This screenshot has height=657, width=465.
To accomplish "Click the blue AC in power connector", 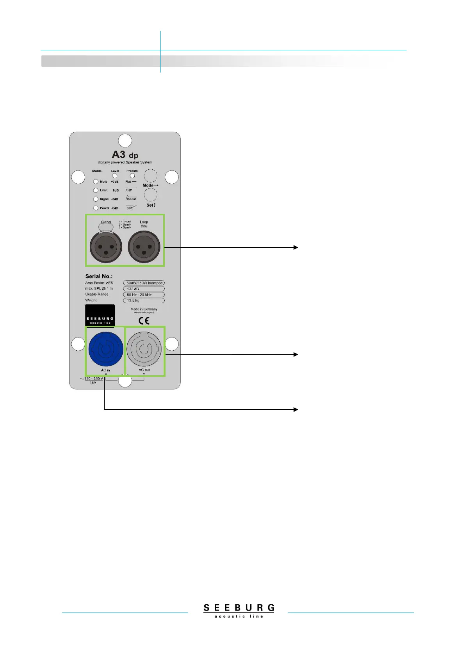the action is (x=105, y=349).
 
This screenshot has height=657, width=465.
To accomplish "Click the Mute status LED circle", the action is (x=96, y=182).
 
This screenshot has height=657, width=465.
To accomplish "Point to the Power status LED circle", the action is (x=96, y=208).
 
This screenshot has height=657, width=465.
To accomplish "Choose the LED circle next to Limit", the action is (x=96, y=190).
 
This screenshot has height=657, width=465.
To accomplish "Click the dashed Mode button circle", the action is (x=150, y=176).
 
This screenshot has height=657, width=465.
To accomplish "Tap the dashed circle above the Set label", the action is (x=150, y=195).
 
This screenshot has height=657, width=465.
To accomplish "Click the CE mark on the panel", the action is (x=144, y=321).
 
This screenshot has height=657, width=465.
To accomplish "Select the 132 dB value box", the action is (x=144, y=289).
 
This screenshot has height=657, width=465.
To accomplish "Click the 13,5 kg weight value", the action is (x=144, y=300).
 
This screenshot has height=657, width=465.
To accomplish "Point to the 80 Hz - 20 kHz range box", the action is (x=144, y=295).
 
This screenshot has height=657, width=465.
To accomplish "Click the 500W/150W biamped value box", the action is (x=144, y=283).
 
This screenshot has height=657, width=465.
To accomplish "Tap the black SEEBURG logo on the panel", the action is (x=100, y=315).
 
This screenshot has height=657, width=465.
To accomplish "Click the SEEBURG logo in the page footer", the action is (x=239, y=610).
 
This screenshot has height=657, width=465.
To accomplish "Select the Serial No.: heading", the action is (x=99, y=276).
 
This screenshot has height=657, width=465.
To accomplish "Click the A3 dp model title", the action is (x=125, y=155).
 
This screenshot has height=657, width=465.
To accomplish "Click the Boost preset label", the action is (x=132, y=199).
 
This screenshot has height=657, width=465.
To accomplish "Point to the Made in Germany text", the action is (x=144, y=309).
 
